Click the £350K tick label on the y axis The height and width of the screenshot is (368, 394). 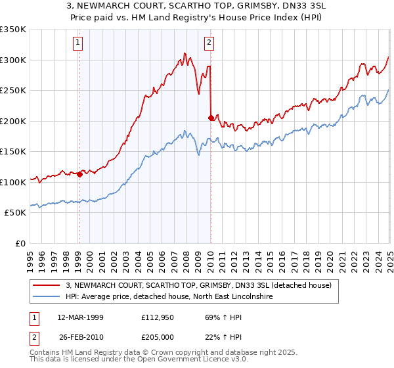tap(13, 30)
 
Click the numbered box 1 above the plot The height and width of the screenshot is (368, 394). tap(77, 43)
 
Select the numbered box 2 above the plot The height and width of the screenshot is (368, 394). tap(209, 43)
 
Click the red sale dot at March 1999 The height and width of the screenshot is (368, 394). tap(79, 174)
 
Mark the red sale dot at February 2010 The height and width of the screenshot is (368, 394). tap(211, 118)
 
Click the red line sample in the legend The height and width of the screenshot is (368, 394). tap(45, 285)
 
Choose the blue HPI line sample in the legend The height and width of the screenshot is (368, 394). tap(45, 297)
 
